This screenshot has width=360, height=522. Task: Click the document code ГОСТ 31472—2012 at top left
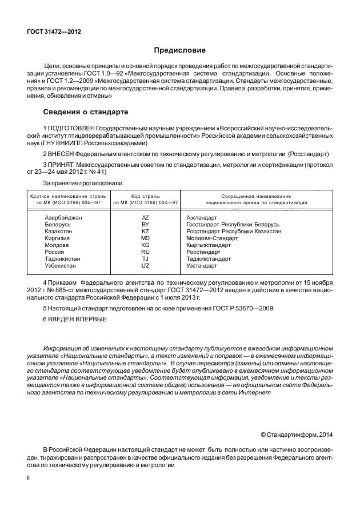pyautogui.click(x=54, y=32)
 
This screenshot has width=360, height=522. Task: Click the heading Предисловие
pyautogui.click(x=179, y=51)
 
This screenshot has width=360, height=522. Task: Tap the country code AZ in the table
pyautogui.click(x=145, y=218)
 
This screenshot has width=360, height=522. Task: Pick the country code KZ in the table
pyautogui.click(x=145, y=232)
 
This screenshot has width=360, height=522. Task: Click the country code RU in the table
pyautogui.click(x=145, y=252)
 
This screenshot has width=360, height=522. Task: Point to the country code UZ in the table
pyautogui.click(x=145, y=266)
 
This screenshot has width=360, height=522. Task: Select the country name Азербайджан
pyautogui.click(x=63, y=218)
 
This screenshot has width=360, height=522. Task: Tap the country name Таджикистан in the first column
pyautogui.click(x=62, y=259)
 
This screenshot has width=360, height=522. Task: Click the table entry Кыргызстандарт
pyautogui.click(x=209, y=245)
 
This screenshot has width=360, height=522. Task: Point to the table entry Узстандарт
pyautogui.click(x=202, y=266)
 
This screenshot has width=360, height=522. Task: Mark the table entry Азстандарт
pyautogui.click(x=202, y=218)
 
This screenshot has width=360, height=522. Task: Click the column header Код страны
pyautogui.click(x=145, y=196)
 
